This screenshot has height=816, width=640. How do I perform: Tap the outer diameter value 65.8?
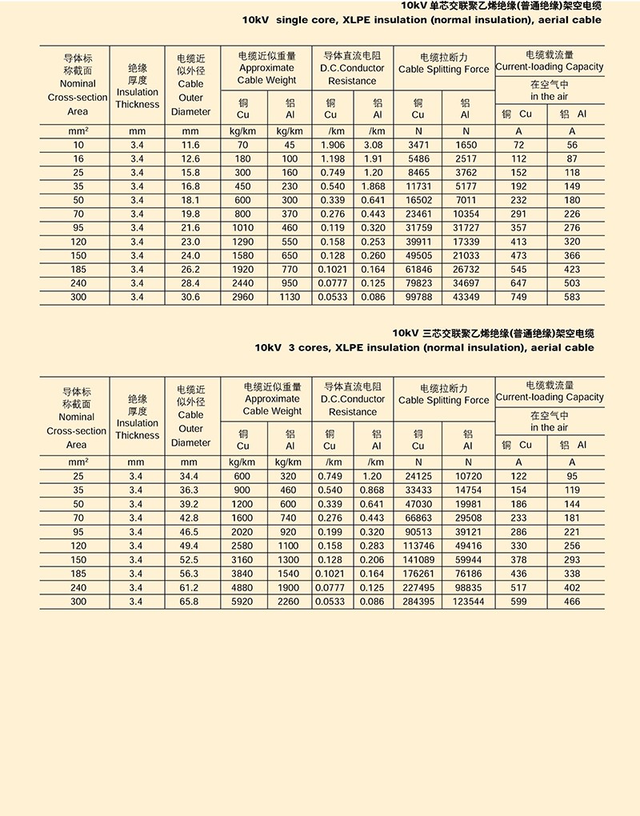pos(190,601)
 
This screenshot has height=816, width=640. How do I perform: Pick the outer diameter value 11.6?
pos(190,145)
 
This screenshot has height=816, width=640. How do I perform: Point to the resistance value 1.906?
pos(332,145)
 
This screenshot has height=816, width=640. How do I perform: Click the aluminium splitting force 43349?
pos(466,297)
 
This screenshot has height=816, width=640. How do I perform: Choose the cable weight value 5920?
pos(242,601)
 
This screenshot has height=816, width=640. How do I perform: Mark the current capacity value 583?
pos(572,297)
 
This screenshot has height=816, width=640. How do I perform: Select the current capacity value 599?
pos(518,601)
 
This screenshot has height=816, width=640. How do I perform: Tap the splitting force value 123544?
pos(468,601)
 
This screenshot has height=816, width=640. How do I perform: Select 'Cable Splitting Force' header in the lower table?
pos(443,400)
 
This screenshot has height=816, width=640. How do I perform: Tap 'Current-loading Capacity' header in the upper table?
pos(550,67)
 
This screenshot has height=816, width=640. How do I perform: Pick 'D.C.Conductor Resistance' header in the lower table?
pos(352,405)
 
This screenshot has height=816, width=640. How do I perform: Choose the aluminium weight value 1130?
pos(290,297)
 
